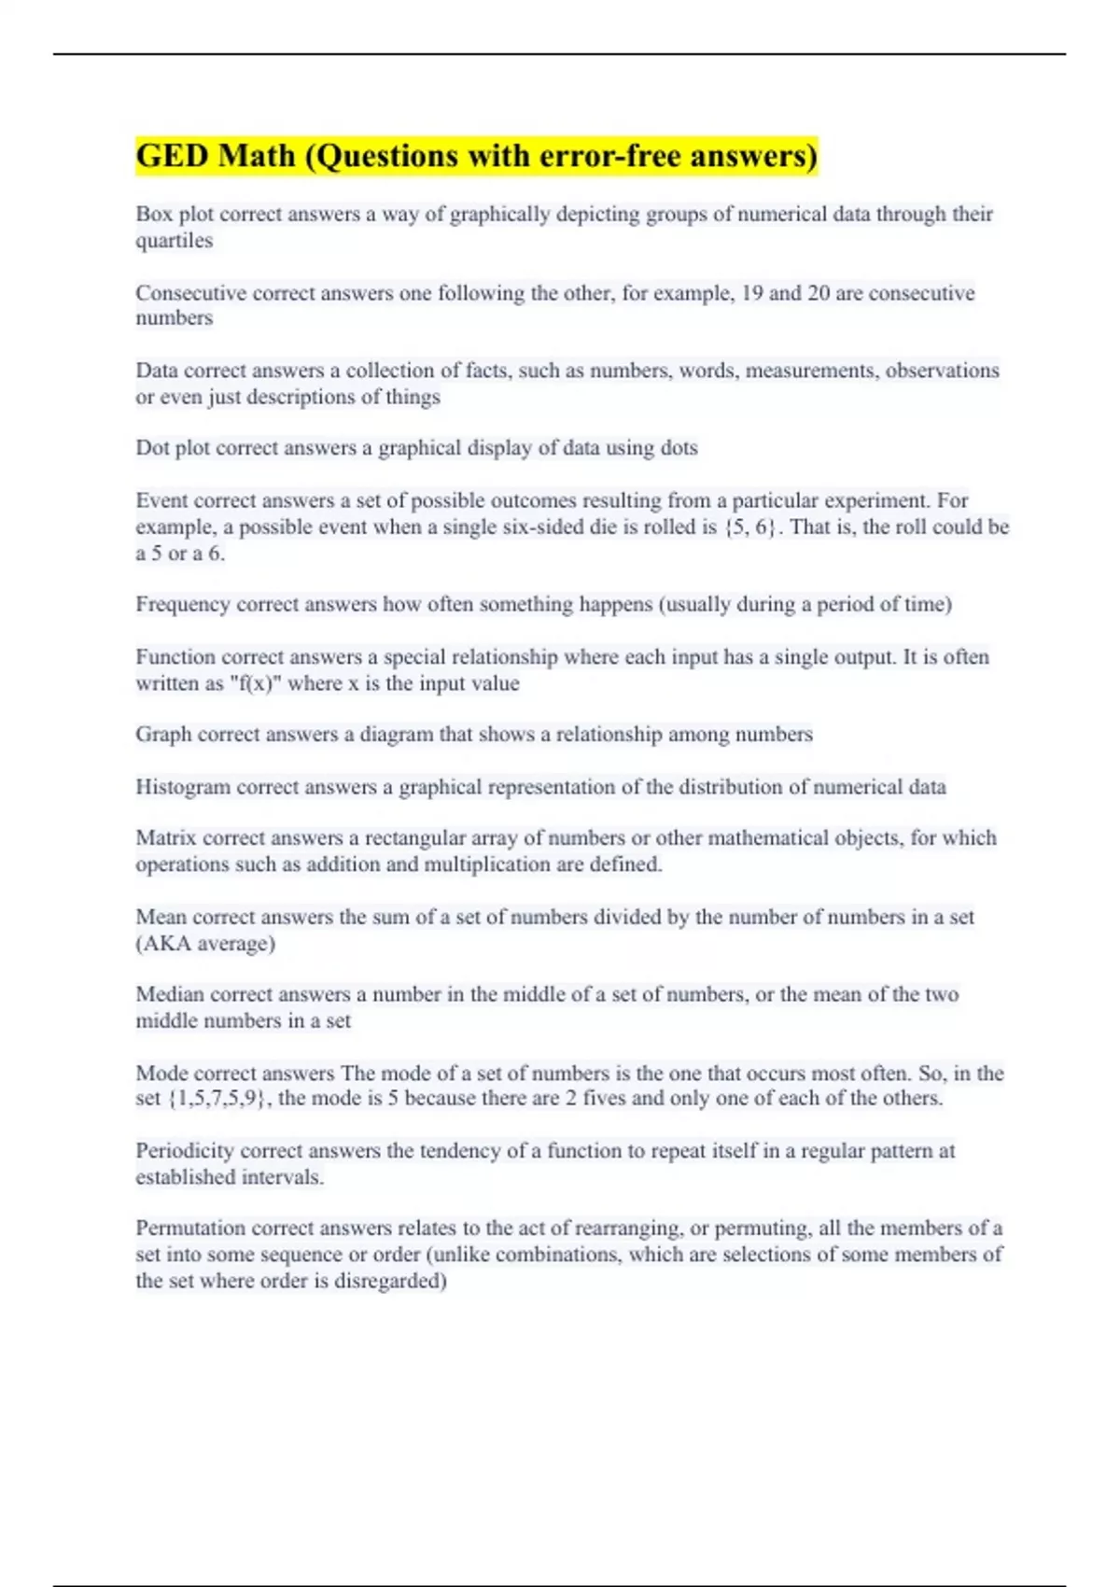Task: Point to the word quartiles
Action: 174,241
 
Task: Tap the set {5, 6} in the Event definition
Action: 749,527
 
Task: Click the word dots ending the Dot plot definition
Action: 679,448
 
